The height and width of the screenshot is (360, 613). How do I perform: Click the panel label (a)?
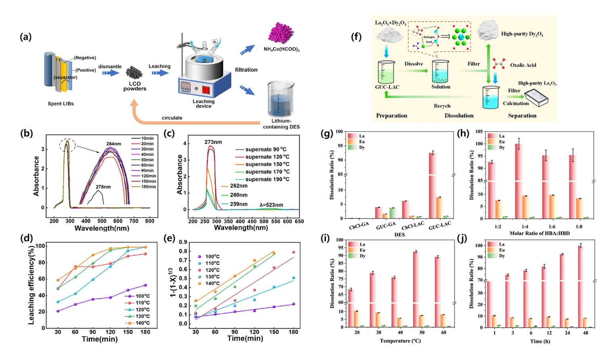coord(25,37)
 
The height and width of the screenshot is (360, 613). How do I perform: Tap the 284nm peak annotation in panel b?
coord(114,144)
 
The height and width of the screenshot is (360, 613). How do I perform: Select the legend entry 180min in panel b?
coord(148,187)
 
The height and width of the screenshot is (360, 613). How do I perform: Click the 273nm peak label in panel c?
coord(213,142)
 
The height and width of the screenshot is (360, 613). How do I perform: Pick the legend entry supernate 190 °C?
coord(267,179)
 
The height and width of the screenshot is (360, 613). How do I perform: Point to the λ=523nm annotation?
coord(271,205)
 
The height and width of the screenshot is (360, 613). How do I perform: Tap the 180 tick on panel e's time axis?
coord(294,332)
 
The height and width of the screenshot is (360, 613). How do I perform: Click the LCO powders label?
coord(135,86)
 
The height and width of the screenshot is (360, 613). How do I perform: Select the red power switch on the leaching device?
coord(206,90)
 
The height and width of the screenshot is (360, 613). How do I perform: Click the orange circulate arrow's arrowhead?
coord(135,104)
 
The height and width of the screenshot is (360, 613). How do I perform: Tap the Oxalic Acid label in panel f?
coord(523,65)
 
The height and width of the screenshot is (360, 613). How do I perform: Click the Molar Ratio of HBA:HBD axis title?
coord(539,233)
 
